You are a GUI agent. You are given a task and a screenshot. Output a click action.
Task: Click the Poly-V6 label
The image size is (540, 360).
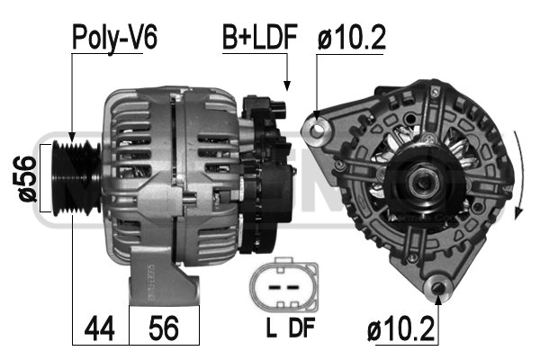[114, 38]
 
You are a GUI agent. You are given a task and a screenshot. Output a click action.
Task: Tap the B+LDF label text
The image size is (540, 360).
[260, 37]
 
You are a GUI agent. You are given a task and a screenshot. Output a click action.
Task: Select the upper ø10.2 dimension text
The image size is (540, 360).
[351, 37]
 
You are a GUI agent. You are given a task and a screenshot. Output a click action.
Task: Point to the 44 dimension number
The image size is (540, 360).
[99, 328]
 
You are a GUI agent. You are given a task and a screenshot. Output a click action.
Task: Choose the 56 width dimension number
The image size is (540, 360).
[164, 328]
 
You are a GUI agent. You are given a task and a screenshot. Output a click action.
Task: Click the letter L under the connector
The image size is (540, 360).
[272, 328]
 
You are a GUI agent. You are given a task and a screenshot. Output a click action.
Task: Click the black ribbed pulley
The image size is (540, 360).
[76, 178]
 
